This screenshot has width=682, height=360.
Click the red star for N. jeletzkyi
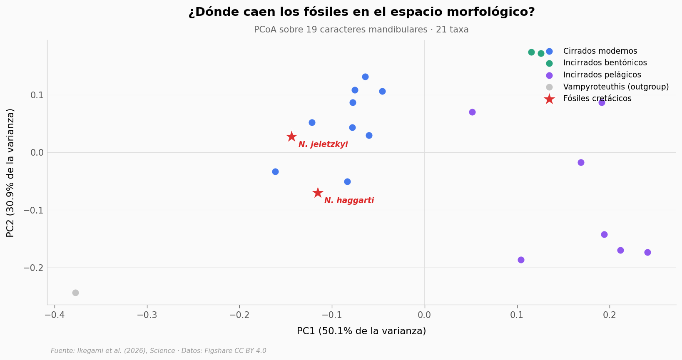(291, 137)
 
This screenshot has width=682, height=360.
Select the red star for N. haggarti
(318, 193)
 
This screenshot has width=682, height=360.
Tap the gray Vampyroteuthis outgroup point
(75, 293)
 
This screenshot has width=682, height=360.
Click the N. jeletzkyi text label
(323, 144)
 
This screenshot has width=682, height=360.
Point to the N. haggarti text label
(349, 201)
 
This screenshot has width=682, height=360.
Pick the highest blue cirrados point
(365, 77)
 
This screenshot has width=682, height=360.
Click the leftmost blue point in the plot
(275, 171)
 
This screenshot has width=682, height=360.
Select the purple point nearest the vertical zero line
(472, 112)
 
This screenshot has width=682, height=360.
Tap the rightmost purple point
(647, 252)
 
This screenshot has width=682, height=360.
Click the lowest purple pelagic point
(521, 260)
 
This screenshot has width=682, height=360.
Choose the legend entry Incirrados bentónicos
(605, 63)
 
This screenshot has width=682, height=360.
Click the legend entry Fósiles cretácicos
(597, 99)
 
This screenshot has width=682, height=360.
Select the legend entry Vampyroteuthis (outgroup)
(615, 87)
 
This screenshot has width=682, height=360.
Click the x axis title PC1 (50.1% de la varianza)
(361, 331)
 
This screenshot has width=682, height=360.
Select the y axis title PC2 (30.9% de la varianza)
(10, 173)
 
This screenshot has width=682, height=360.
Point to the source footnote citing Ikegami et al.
(158, 351)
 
